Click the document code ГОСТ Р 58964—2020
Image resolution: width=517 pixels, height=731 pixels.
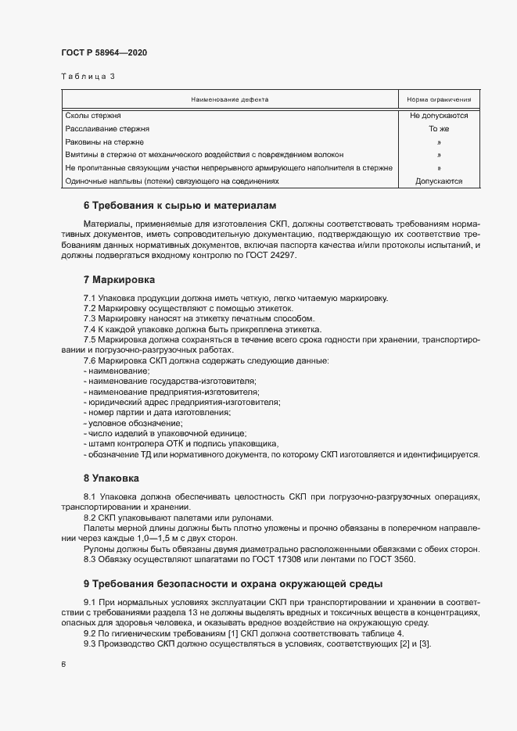click(x=103, y=52)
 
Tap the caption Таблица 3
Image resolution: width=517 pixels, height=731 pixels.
click(x=88, y=77)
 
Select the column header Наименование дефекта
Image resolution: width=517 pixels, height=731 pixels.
click(x=229, y=100)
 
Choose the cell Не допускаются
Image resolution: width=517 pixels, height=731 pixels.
click(x=438, y=115)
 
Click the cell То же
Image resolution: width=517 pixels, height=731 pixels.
click(x=438, y=128)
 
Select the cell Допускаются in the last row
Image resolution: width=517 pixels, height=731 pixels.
click(x=438, y=181)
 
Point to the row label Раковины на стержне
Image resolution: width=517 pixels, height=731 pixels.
click(x=104, y=142)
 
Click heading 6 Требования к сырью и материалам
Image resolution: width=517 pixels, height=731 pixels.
click(x=180, y=206)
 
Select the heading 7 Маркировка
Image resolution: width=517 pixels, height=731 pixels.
click(x=119, y=279)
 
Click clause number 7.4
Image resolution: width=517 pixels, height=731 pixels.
click(x=90, y=330)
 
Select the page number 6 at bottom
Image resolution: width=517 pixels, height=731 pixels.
click(x=63, y=664)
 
